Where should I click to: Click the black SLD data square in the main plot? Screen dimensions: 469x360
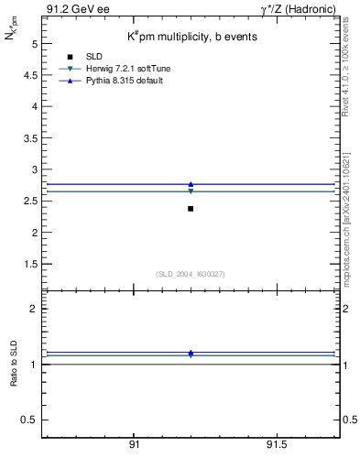point(191,209)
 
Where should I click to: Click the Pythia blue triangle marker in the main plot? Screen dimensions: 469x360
point(191,184)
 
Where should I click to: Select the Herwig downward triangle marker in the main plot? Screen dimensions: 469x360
point(191,191)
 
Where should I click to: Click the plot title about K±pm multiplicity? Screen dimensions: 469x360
point(191,37)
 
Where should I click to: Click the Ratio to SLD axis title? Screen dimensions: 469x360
point(16,364)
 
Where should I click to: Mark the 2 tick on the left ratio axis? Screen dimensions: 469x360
point(33,309)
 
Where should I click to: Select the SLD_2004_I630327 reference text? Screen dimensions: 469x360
point(191,274)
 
